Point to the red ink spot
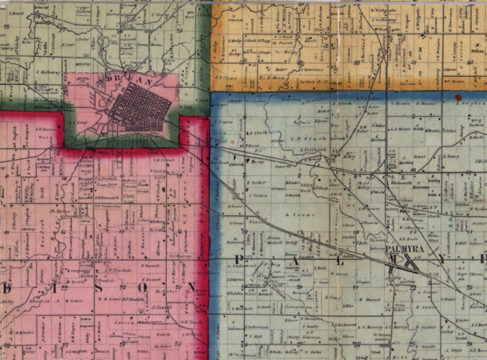[457, 97]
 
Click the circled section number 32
[300, 63]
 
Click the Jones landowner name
[420, 156]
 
